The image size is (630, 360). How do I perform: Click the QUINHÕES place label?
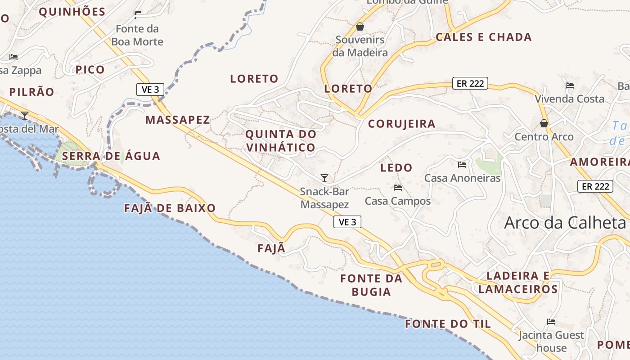pyautogui.click(x=72, y=12)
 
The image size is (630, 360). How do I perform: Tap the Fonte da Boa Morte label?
pyautogui.click(x=137, y=36)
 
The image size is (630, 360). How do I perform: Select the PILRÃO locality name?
pyautogui.click(x=31, y=92)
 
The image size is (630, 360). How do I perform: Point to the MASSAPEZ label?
pyautogui.click(x=178, y=120)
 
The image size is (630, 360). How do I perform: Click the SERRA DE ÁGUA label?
pyautogui.click(x=111, y=156)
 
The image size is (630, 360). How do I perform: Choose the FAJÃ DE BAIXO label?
pyautogui.click(x=170, y=208)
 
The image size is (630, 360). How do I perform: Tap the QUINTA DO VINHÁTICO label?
pyautogui.click(x=281, y=141)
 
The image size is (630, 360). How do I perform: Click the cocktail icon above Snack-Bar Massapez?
pyautogui.click(x=324, y=178)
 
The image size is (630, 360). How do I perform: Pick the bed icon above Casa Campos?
pyautogui.click(x=397, y=188)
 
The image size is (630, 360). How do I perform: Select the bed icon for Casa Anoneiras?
pyautogui.click(x=462, y=165)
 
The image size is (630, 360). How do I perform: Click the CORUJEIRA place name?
pyautogui.click(x=401, y=124)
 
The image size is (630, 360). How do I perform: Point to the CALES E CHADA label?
pyautogui.click(x=484, y=37)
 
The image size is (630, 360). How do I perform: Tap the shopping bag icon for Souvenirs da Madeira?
pyautogui.click(x=360, y=27)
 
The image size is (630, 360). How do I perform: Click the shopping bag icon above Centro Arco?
pyautogui.click(x=544, y=123)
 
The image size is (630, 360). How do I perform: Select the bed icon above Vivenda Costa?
pyautogui.click(x=570, y=85)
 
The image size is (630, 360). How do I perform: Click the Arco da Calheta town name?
pyautogui.click(x=565, y=223)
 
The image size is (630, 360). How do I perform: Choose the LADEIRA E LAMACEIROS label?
pyautogui.click(x=518, y=282)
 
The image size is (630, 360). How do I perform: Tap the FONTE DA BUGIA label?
pyautogui.click(x=371, y=285)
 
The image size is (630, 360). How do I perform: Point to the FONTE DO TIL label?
pyautogui.click(x=448, y=324)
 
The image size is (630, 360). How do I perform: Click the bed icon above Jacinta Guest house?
pyautogui.click(x=551, y=322)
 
